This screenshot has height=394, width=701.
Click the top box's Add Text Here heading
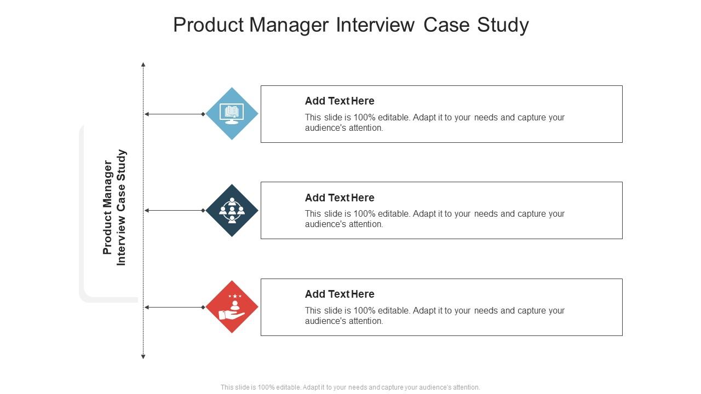coord(340,101)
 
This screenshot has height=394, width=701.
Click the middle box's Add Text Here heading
coord(340,198)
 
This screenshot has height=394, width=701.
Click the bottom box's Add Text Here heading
coord(340,294)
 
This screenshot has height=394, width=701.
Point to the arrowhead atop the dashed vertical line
coord(143,65)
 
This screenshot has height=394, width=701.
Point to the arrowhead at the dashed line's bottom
coord(143,357)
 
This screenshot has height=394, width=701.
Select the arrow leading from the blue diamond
coord(174,114)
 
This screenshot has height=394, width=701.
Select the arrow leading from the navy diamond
coord(174,211)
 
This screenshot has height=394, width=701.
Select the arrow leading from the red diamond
coord(174,308)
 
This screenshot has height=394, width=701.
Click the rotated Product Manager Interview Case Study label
coord(114,208)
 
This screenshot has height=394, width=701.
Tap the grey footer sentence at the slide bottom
coord(350,387)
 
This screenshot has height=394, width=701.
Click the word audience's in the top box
coord(326,128)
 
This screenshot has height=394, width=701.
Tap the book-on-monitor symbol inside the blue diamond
coord(232,113)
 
